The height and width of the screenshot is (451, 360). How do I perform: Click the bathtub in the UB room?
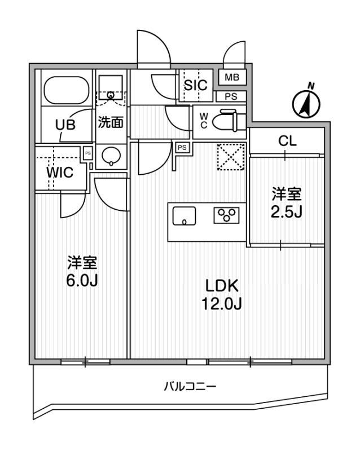tap(66, 91)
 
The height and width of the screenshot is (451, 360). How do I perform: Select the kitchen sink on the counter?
tap(184, 216)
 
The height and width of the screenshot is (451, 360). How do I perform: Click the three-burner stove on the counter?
tap(227, 215)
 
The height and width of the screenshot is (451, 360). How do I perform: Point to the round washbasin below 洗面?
tap(111, 157)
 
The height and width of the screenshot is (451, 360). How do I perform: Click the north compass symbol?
tap(306, 103)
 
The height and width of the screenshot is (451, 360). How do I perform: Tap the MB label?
tap(232, 77)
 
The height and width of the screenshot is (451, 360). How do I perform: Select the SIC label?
tap(196, 85)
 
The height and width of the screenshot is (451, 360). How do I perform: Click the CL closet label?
tap(287, 141)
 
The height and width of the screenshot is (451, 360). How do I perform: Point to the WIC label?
tap(60, 173)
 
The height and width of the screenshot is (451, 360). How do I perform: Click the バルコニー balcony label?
tap(190, 386)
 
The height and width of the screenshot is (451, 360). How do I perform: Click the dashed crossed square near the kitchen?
tap(231, 157)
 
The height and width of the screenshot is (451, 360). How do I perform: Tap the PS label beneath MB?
tap(231, 96)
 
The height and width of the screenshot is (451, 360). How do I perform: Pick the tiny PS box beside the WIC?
tap(88, 153)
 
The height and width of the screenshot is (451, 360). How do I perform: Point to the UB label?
tap(65, 125)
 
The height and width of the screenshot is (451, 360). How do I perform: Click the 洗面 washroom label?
tap(111, 122)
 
